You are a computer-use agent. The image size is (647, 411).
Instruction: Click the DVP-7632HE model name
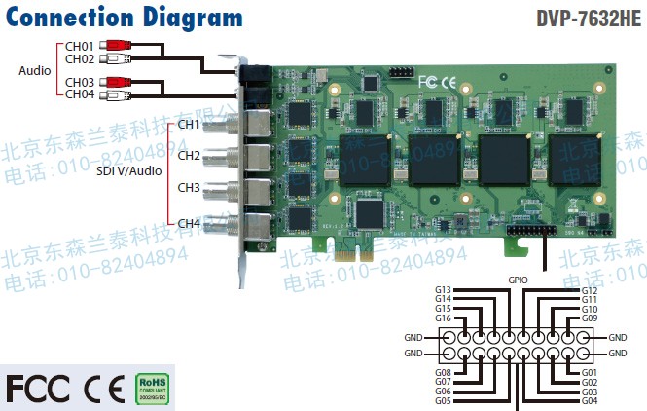pos(590,18)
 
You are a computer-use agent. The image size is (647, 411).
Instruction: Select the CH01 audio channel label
pos(80,46)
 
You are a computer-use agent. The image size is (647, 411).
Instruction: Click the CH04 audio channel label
pos(80,93)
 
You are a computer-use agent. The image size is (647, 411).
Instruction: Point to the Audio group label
pos(34,70)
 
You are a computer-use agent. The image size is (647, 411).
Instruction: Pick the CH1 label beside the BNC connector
pos(189,125)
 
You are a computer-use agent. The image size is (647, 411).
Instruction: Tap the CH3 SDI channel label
pos(189,187)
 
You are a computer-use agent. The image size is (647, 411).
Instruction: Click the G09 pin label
pos(590,318)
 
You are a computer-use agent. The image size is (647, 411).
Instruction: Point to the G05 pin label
pos(444,401)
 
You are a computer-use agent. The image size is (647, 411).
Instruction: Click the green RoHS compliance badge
pos(151,388)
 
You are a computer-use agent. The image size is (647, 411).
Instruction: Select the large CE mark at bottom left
pos(103,388)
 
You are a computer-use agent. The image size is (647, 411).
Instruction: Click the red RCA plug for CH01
pos(119,45)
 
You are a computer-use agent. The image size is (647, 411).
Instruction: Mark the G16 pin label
pos(444,318)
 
